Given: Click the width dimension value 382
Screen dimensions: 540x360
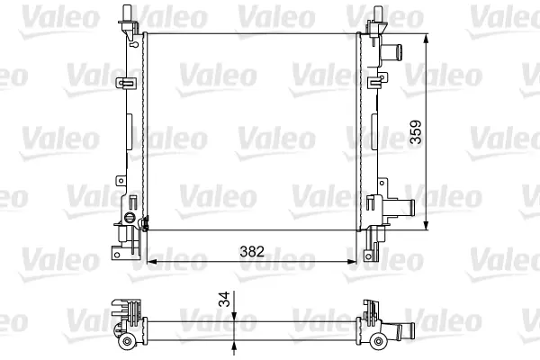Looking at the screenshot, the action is [x=252, y=251].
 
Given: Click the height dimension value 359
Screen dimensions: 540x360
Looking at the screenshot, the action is [x=416, y=131].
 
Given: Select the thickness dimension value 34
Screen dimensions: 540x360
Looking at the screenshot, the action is [x=224, y=299].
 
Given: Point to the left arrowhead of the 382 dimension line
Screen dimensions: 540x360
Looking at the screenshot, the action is [x=151, y=262].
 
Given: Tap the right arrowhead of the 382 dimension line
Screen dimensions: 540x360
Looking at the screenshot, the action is [x=352, y=262].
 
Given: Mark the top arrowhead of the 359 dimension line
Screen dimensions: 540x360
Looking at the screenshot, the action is [x=427, y=38].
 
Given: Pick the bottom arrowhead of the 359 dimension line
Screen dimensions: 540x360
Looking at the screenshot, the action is [x=427, y=225].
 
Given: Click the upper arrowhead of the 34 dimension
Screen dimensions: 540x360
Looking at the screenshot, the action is [x=234, y=317].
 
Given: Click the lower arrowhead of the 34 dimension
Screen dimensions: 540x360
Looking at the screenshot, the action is [x=234, y=346].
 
